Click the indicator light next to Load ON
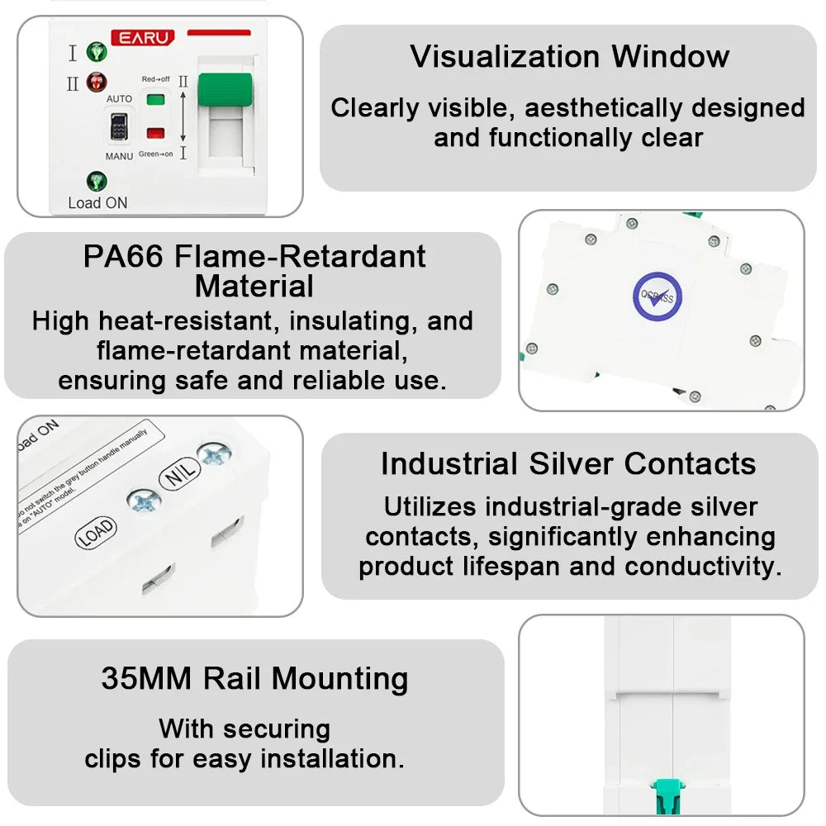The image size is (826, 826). pyautogui.click(x=97, y=181)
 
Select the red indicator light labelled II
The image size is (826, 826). pyautogui.click(x=97, y=83)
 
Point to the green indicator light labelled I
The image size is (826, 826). pyautogui.click(x=97, y=53)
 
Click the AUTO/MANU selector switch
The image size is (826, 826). pyautogui.click(x=118, y=129)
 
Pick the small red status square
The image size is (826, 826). pyautogui.click(x=154, y=133)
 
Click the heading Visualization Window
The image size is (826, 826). pyautogui.click(x=569, y=56)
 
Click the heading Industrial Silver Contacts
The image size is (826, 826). pyautogui.click(x=568, y=463)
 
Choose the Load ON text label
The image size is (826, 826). pyautogui.click(x=97, y=202)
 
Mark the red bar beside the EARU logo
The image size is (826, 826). pyautogui.click(x=218, y=33)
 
